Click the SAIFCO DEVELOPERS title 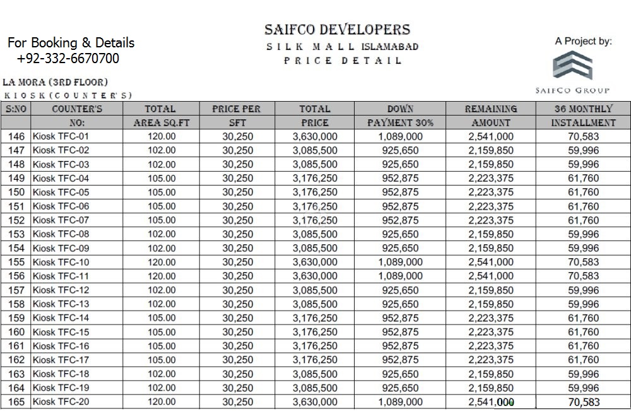(338, 30)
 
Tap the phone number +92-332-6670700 (68, 59)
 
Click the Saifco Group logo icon (572, 67)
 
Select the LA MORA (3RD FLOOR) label (56, 82)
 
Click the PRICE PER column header (237, 109)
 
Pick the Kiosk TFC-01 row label (61, 136)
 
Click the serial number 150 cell (17, 193)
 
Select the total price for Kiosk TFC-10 (315, 262)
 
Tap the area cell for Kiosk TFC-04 (162, 178)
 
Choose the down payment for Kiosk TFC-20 (401, 402)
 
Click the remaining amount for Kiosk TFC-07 (491, 220)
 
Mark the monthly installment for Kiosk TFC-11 (583, 276)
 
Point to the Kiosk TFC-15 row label (61, 332)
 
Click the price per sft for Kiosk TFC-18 (237, 374)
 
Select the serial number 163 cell (17, 374)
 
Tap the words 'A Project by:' (584, 42)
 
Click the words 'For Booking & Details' (71, 43)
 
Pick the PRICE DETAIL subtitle (343, 61)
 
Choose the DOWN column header (400, 109)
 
